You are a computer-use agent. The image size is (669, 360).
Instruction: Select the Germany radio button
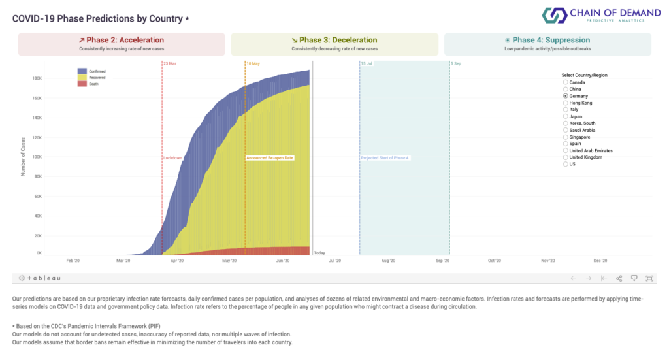(566, 96)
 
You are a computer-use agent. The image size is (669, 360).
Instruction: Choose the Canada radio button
(566, 82)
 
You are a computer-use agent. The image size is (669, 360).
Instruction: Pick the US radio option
(566, 164)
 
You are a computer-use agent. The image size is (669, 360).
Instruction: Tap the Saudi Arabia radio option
(566, 130)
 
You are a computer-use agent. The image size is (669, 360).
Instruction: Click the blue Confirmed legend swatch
(82, 71)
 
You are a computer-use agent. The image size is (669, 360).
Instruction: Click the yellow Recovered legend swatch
(82, 77)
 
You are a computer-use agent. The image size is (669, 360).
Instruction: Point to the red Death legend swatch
(82, 84)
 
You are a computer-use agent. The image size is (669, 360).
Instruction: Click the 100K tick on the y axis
(38, 157)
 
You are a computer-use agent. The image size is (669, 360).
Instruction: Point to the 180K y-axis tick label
(38, 78)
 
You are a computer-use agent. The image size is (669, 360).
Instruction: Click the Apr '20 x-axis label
(176, 261)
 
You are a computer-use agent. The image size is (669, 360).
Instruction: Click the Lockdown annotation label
(172, 158)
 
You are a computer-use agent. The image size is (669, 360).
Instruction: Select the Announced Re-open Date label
(270, 158)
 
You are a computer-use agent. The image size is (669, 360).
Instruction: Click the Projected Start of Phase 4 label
(385, 158)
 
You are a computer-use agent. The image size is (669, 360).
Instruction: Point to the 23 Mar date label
(170, 63)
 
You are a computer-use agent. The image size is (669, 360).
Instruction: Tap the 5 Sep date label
(456, 63)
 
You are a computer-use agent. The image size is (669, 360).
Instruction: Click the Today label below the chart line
(319, 253)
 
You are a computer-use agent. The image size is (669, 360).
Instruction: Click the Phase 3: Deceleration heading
(334, 40)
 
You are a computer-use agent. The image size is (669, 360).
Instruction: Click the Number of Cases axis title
(23, 157)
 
